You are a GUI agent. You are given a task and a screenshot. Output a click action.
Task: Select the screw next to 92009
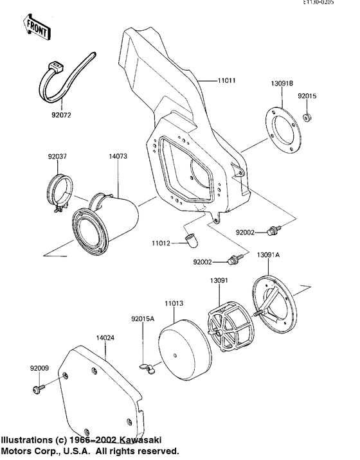point(39,389)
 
